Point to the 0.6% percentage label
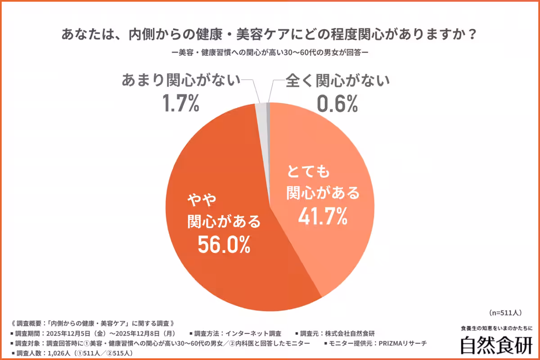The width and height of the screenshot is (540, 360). tap(337, 104)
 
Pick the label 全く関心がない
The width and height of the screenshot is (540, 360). tap(337, 81)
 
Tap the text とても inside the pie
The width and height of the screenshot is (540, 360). tap(309, 172)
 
